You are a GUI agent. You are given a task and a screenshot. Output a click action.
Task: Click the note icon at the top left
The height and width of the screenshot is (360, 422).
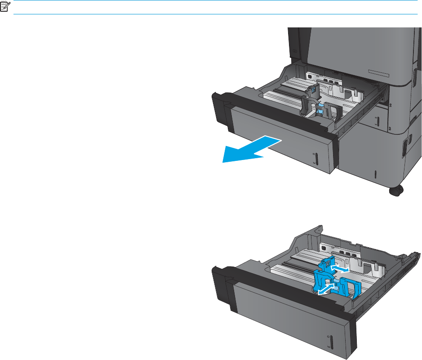[6, 8]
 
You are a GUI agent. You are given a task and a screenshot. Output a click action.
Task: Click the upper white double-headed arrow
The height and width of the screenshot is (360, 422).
[340, 268]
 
